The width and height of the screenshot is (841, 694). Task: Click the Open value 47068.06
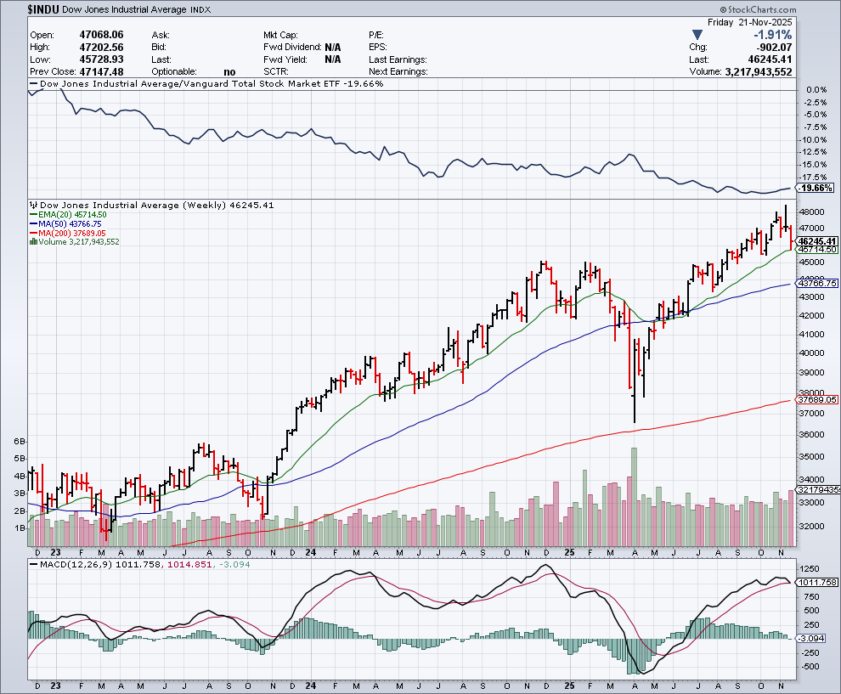tap(100, 35)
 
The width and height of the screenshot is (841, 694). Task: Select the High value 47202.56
tap(100, 47)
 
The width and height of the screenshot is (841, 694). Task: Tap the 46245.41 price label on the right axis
tap(818, 241)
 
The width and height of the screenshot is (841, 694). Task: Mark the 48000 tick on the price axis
tap(812, 212)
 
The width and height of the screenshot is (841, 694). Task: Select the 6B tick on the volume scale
tap(20, 442)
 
